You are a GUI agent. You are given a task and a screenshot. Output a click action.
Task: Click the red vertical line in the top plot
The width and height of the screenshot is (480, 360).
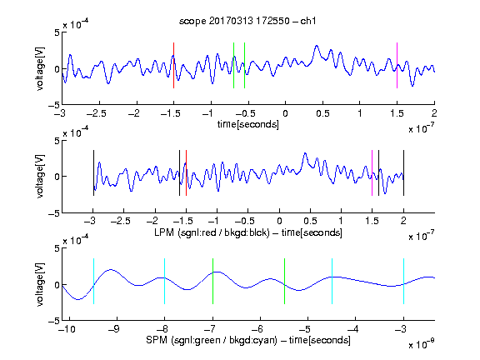point(173,66)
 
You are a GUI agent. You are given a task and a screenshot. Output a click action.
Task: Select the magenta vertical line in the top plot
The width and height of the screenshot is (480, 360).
point(397,66)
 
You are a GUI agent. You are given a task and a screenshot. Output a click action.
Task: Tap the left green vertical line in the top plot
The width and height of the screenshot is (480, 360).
point(233,66)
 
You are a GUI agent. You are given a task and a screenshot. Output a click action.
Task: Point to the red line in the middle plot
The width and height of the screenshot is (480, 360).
point(186,173)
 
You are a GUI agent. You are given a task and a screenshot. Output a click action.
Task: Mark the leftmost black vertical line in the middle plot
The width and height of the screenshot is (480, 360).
point(93,173)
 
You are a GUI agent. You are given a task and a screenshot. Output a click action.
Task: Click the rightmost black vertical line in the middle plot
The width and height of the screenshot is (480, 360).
point(403,173)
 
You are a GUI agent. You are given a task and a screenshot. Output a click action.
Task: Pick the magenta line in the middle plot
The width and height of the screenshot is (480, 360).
point(372,173)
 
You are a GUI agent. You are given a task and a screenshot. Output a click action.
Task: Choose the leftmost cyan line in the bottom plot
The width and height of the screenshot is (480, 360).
point(93,282)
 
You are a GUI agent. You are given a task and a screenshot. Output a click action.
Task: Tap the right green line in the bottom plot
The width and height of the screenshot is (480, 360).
point(284,282)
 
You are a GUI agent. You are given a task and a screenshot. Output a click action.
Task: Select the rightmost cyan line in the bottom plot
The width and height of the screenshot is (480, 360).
point(403,282)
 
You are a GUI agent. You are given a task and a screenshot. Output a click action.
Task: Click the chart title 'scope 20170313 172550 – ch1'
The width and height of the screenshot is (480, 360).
point(247,21)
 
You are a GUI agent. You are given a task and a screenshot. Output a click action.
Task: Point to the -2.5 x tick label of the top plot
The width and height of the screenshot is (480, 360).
point(96,113)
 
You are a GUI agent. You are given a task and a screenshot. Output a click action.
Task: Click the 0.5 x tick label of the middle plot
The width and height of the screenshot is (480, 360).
point(310,221)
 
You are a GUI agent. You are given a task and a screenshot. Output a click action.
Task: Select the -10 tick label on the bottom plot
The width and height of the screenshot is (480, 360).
point(67,329)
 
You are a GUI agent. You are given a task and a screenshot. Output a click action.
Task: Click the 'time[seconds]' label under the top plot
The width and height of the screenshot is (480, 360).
point(248,124)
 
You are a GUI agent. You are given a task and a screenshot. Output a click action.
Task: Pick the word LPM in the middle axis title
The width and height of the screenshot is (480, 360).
point(164,232)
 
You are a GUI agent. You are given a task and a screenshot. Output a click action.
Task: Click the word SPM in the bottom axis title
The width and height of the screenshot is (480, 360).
point(157,340)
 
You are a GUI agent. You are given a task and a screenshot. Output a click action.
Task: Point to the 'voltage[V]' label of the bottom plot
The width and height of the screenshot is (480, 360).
point(40,284)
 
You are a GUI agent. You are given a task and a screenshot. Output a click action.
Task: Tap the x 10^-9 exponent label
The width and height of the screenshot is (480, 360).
point(421,344)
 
